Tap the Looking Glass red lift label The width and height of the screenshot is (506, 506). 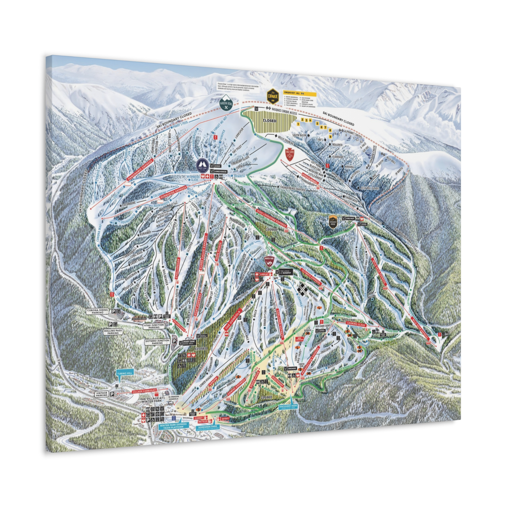click(x=356, y=324)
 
